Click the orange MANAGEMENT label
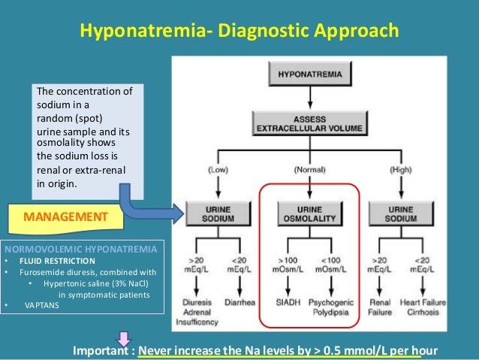[65, 218]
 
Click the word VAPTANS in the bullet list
[41, 306]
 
